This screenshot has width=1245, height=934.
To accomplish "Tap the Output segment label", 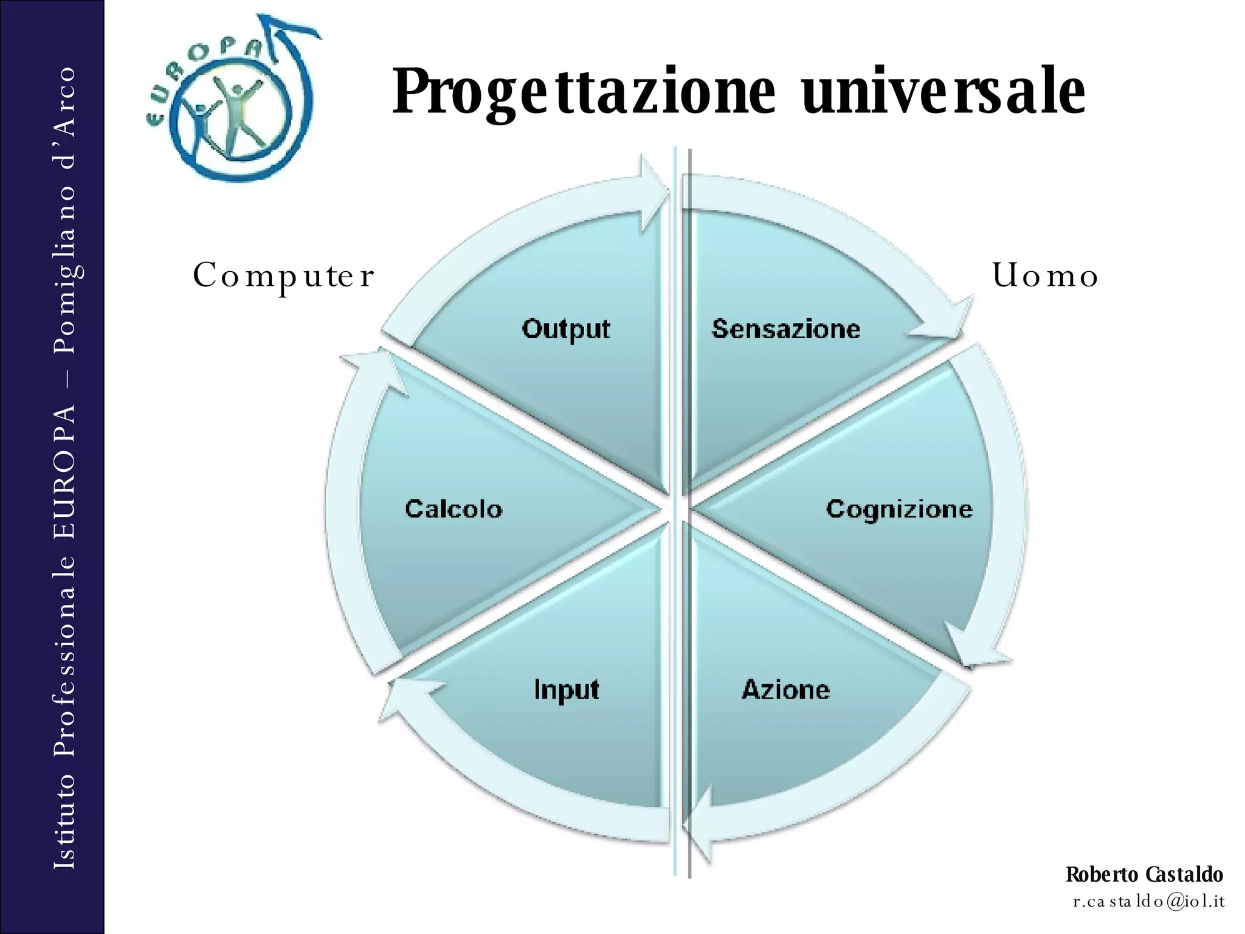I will click(565, 329).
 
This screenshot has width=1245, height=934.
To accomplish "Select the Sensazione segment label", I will click(785, 329).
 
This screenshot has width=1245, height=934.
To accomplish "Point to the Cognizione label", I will click(898, 509).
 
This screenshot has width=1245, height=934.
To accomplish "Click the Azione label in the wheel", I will click(785, 690).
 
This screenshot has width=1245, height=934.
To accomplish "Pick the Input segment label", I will click(566, 690).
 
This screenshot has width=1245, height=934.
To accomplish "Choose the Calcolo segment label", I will click(454, 509).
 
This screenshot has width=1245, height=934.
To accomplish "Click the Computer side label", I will click(283, 276).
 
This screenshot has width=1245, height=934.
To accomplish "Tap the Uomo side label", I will click(1045, 276).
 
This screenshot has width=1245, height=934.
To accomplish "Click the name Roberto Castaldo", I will click(1144, 874).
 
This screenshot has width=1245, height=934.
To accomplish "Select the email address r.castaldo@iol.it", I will click(1148, 901).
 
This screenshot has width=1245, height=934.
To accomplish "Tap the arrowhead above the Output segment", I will click(653, 195).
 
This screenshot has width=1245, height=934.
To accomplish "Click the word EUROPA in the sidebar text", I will click(64, 471).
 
